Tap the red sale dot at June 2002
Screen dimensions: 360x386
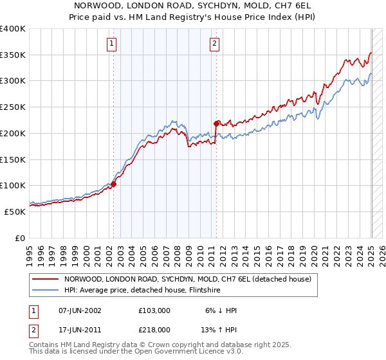pyautogui.click(x=114, y=184)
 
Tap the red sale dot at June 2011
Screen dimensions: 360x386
pyautogui.click(x=216, y=123)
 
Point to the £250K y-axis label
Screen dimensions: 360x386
pyautogui.click(x=12, y=107)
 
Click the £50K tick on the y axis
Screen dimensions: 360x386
pyautogui.click(x=15, y=211)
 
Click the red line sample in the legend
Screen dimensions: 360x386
pyautogui.click(x=45, y=279)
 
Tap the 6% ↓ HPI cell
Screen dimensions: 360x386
pyautogui.click(x=221, y=310)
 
